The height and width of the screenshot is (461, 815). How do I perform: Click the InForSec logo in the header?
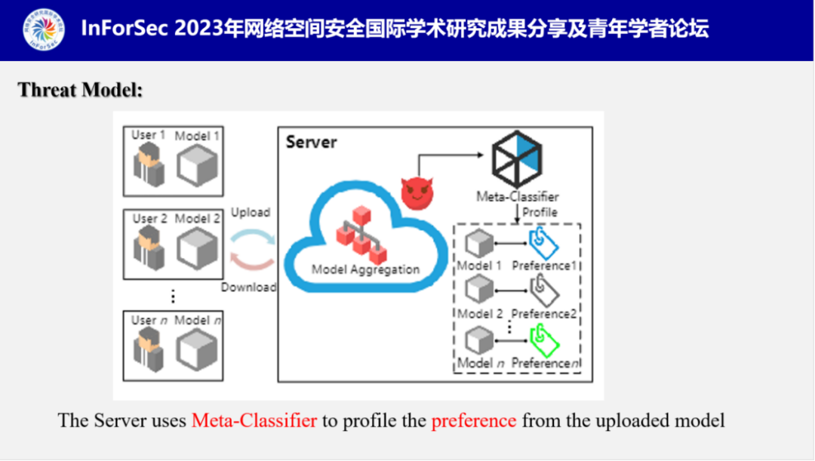42,29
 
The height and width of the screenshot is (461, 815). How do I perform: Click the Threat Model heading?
81,91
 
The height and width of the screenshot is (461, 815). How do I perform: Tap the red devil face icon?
417,192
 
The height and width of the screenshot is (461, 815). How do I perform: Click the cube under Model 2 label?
197,249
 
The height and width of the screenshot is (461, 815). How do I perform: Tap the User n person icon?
149,350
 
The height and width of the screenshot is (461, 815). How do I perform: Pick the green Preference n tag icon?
546,339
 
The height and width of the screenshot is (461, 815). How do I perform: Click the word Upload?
251,213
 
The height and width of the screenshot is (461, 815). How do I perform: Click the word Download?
249,287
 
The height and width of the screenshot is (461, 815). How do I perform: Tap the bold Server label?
311,142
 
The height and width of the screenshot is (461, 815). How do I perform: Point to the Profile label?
540,212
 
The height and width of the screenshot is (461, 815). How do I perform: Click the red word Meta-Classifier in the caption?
254,420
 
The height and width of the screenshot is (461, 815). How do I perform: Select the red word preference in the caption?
474,420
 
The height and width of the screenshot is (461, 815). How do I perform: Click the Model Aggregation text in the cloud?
366,269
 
